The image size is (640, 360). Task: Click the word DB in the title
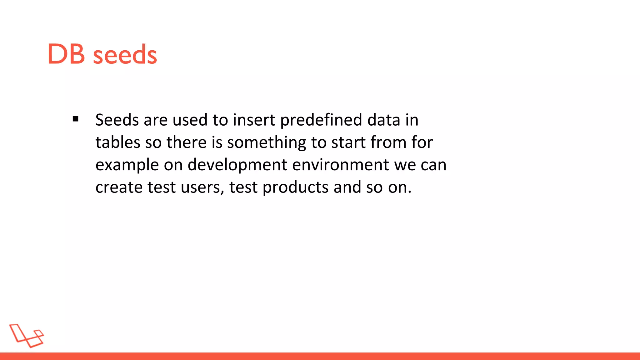(66, 55)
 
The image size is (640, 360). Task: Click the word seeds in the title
(125, 55)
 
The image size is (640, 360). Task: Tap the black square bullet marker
(75, 119)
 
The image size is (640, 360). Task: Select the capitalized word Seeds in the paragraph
(117, 120)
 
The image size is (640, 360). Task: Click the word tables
(118, 142)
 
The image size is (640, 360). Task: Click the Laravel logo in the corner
(27, 336)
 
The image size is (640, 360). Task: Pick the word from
(388, 142)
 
